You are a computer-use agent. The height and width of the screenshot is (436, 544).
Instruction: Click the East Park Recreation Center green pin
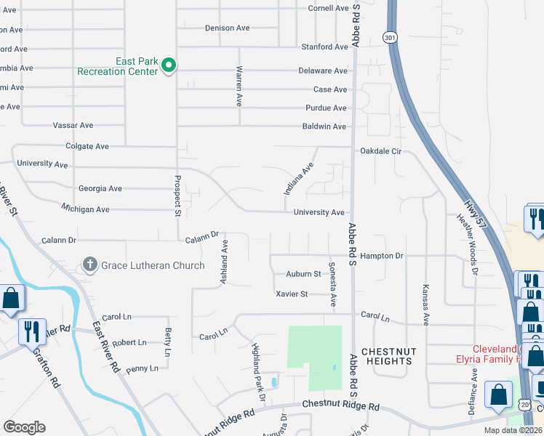pyautogui.click(x=169, y=66)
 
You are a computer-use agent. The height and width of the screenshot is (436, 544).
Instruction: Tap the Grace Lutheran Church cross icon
pyautogui.click(x=89, y=265)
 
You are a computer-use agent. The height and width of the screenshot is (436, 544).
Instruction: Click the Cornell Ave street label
pyautogui.click(x=329, y=9)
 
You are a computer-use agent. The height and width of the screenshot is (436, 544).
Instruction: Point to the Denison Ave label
pyautogui.click(x=227, y=28)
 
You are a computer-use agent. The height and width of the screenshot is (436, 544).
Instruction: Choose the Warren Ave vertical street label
pyautogui.click(x=239, y=86)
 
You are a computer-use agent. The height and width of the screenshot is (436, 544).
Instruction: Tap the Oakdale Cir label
pyautogui.click(x=381, y=152)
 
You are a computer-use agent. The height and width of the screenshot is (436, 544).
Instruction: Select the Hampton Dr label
pyautogui.click(x=382, y=257)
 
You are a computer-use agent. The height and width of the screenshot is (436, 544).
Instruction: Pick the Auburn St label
pyautogui.click(x=304, y=274)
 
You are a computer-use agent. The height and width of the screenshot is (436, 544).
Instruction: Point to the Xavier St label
pyautogui.click(x=292, y=294)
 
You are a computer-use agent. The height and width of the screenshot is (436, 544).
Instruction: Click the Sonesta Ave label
pyautogui.click(x=333, y=283)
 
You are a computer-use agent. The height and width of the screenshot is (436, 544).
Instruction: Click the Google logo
pyautogui.click(x=24, y=427)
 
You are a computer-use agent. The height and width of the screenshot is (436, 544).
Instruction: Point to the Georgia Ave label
pyautogui.click(x=100, y=188)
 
